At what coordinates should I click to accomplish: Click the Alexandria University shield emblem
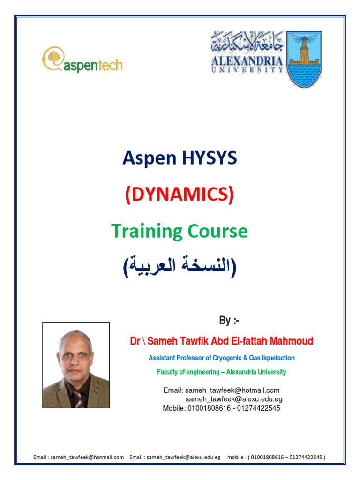tap(304, 60)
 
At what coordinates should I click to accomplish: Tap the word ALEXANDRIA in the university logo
tap(247, 61)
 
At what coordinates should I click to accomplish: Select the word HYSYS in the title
tap(210, 158)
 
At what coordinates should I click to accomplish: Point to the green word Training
tap(147, 231)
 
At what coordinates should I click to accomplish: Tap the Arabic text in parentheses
tap(180, 267)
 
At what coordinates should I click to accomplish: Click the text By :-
tap(229, 321)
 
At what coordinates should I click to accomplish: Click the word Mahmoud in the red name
tap(290, 341)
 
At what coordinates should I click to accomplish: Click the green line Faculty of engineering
tap(221, 372)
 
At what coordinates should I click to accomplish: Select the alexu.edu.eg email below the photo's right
tap(234, 399)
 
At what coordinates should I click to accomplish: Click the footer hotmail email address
tap(86, 457)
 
